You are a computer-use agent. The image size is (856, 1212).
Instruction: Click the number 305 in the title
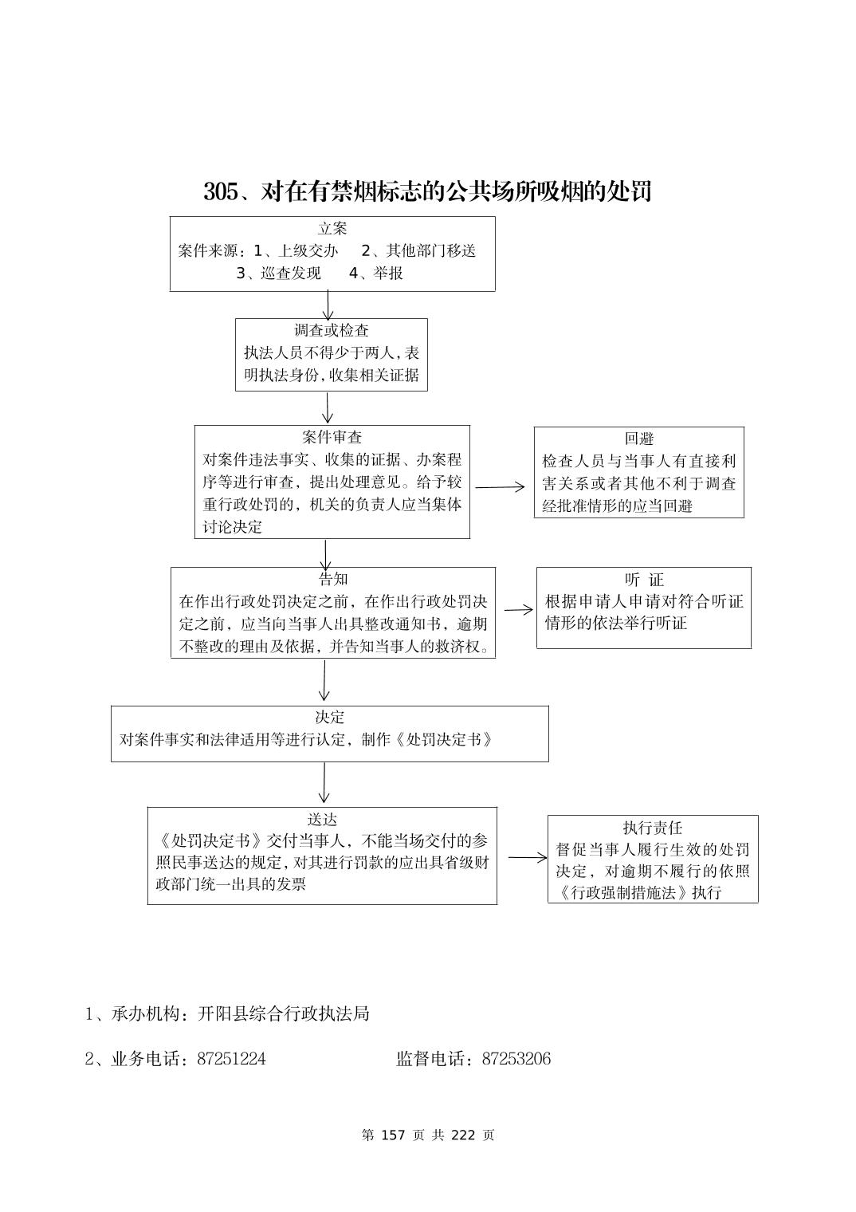220,192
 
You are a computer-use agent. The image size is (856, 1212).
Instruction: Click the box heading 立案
332,229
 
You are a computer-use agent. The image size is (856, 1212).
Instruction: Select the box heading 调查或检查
332,330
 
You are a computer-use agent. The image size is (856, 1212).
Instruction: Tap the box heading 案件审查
332,437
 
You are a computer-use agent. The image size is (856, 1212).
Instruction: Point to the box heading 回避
638,439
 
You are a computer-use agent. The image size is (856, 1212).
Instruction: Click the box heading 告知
332,579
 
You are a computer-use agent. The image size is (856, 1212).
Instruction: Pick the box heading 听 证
643,580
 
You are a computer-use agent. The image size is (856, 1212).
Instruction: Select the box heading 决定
329,717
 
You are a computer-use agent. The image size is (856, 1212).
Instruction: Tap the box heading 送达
322,819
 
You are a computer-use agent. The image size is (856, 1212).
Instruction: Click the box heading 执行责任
652,828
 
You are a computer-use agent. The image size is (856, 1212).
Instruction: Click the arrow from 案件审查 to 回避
501,486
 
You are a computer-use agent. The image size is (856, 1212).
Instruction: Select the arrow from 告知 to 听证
518,610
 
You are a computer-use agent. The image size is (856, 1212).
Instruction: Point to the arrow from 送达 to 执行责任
527,858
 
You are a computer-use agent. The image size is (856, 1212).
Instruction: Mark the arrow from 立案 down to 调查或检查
328,305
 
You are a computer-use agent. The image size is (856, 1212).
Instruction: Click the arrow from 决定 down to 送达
324,783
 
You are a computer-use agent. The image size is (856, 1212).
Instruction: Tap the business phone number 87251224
231,1059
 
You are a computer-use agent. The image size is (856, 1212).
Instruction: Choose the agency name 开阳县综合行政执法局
283,1014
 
